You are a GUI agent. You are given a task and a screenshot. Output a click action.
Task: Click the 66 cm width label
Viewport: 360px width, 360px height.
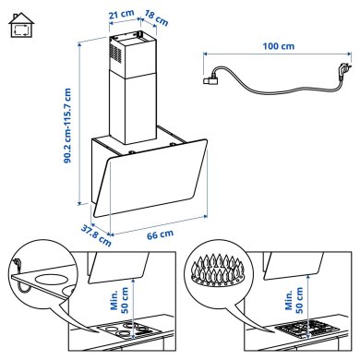pyautogui.click(x=160, y=235)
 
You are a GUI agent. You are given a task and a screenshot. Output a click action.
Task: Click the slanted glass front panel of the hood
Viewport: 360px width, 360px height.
pyautogui.click(x=157, y=186)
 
